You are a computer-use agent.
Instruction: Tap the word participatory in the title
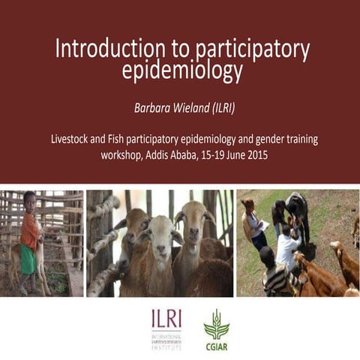point(251,49)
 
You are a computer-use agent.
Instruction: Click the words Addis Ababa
point(175,156)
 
